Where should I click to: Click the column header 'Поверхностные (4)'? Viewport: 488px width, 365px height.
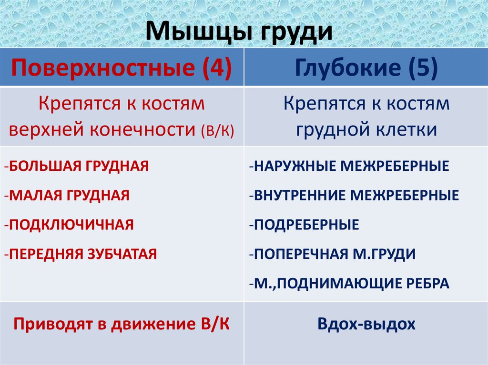[x=122, y=68]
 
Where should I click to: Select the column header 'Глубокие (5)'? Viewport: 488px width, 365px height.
[x=366, y=68]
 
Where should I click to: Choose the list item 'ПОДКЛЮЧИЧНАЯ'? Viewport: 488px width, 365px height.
[x=71, y=224]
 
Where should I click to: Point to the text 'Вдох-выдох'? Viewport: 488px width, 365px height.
[x=366, y=324]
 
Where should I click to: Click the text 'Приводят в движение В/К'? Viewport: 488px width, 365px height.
[x=122, y=324]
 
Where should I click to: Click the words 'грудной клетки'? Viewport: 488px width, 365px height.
[x=366, y=129]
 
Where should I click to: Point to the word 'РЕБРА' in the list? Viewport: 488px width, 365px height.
[x=427, y=283]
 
